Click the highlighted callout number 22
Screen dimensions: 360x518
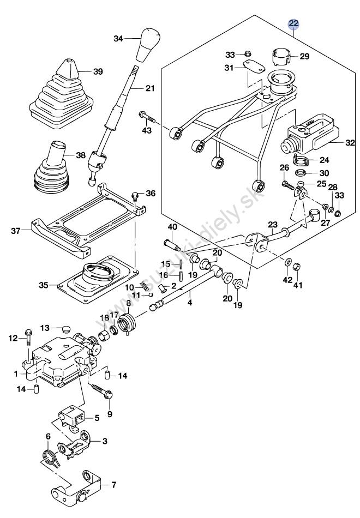(293, 23)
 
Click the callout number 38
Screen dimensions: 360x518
(81, 155)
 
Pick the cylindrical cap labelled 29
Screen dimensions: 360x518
(281, 57)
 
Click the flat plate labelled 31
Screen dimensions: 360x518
(254, 67)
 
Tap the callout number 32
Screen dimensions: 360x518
(350, 143)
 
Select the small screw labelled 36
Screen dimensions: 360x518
(135, 196)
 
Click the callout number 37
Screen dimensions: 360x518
(15, 231)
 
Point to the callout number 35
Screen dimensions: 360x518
(43, 285)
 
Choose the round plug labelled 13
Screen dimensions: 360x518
(67, 329)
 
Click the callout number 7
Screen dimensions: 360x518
(113, 485)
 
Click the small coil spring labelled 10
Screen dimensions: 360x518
(144, 285)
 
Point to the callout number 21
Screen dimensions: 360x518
(150, 88)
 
